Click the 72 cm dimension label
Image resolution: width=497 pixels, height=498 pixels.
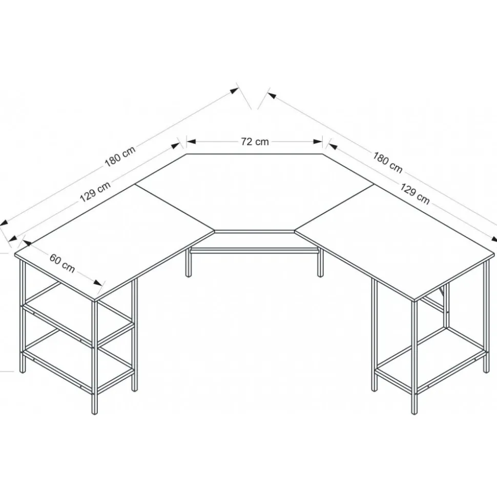point(255,142)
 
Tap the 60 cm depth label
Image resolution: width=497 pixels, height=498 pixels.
point(62,263)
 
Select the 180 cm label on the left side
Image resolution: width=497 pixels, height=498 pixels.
point(120,156)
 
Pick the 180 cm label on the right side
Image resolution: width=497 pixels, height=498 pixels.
point(387,163)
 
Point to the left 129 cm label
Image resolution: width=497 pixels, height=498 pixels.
point(95,192)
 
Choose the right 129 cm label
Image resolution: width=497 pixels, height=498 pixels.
point(415,193)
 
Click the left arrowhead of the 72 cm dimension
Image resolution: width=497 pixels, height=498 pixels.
point(191,142)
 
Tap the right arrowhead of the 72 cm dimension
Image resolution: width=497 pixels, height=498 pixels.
point(318,142)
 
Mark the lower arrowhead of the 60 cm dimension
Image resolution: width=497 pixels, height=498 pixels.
point(98,283)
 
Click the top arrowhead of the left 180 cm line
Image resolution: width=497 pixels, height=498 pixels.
point(234,90)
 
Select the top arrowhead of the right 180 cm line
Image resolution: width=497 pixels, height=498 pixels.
point(272,95)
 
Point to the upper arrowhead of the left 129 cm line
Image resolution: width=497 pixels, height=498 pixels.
point(176,146)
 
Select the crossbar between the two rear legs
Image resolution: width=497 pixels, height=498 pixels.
point(254,251)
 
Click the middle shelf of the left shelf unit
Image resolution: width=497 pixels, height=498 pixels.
point(78,321)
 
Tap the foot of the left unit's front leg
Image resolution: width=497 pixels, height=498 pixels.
point(94,412)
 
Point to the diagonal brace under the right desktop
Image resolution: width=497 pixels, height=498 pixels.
point(442,290)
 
